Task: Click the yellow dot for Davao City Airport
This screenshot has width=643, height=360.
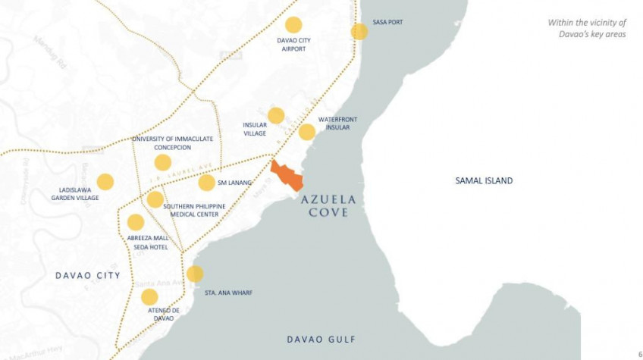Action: (293, 25)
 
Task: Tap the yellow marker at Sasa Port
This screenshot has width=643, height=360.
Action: (359, 32)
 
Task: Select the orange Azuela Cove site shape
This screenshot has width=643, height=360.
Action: (287, 175)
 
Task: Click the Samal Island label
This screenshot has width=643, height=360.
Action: (484, 180)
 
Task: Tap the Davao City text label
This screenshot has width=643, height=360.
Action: (88, 275)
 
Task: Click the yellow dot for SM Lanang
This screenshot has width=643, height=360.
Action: (206, 183)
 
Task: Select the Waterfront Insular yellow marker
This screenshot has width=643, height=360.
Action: (307, 132)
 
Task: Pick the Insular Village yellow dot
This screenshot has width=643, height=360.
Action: (276, 115)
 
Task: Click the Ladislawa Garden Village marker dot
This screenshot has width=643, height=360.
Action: (105, 182)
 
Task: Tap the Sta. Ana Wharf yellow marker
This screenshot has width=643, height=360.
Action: (195, 274)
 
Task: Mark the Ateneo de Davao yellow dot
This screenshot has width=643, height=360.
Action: (149, 297)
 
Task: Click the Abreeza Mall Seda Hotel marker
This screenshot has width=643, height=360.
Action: (136, 222)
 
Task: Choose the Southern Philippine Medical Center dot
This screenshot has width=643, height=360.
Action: (155, 199)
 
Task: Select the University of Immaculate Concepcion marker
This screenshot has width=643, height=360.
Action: (162, 162)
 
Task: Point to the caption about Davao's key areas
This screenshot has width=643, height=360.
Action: (587, 28)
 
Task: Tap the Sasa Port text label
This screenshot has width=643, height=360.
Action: (387, 22)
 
